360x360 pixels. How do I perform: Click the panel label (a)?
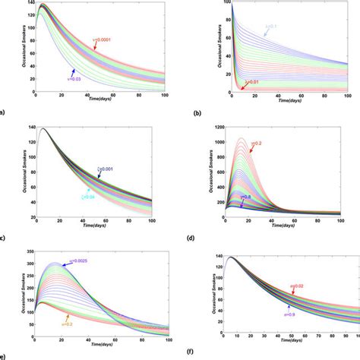[x=4, y=111]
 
